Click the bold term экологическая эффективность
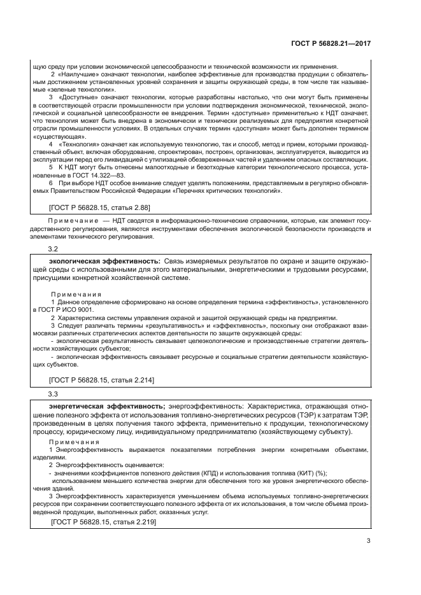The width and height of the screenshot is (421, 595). tap(104, 262)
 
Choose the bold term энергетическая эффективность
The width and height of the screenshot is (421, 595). tap(107, 407)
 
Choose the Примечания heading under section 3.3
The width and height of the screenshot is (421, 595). tap(74, 442)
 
